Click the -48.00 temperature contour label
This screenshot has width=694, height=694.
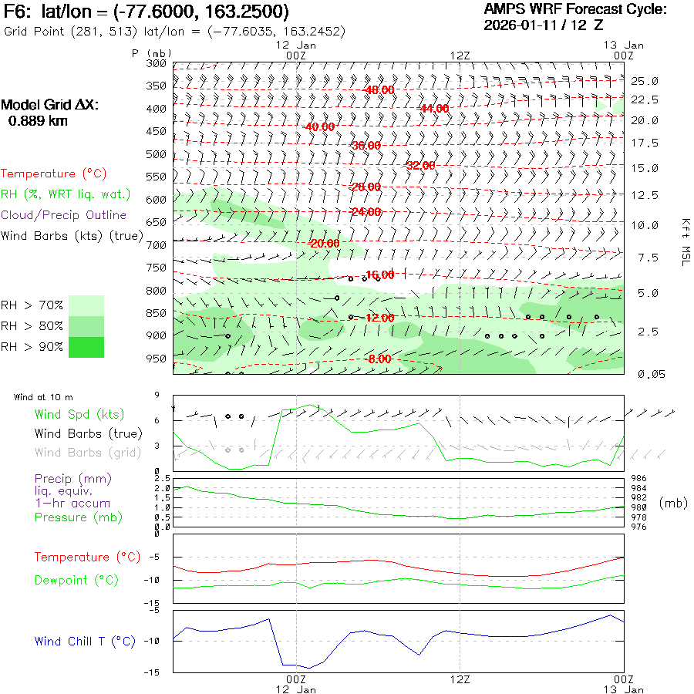click(x=379, y=90)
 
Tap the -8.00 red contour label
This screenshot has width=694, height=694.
click(x=379, y=359)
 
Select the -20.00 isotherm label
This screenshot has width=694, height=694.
click(x=323, y=244)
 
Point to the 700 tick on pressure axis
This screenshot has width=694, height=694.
click(x=156, y=245)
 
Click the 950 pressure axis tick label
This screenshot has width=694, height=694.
click(x=156, y=359)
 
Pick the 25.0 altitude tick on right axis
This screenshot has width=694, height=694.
click(x=645, y=81)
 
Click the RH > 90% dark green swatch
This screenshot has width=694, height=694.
click(x=86, y=347)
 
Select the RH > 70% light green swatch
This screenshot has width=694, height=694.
click(x=86, y=305)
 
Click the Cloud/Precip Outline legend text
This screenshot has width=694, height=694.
click(x=63, y=215)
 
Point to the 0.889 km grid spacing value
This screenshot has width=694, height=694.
click(x=37, y=121)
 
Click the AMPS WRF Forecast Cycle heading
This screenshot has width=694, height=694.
click(x=574, y=9)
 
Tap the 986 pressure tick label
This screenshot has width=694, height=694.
click(x=639, y=479)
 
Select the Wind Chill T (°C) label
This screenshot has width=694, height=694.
click(x=85, y=642)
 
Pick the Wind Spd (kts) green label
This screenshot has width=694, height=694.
click(x=79, y=415)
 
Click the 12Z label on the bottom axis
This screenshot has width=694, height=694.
click(x=460, y=679)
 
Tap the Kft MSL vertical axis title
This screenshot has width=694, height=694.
click(x=683, y=241)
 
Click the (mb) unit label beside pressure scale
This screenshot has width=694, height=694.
click(x=673, y=503)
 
